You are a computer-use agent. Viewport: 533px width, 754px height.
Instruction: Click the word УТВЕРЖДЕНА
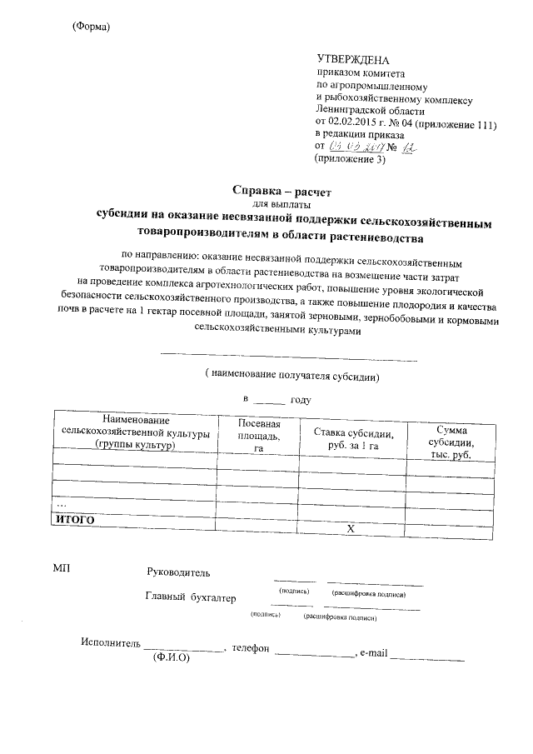pos(353,60)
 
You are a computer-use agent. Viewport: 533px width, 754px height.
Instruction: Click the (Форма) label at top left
pos(92,27)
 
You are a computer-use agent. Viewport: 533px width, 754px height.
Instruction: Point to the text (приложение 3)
pos(351,159)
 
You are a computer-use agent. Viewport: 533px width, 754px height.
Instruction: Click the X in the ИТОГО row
pos(351,528)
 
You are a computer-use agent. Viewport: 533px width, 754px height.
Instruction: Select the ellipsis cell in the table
pos(61,504)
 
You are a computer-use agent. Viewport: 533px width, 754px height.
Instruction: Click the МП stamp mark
pos(62,568)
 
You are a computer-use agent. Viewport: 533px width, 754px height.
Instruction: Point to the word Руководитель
pos(178,572)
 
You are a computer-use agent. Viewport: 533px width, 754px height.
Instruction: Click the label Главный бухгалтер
pos(190,597)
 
